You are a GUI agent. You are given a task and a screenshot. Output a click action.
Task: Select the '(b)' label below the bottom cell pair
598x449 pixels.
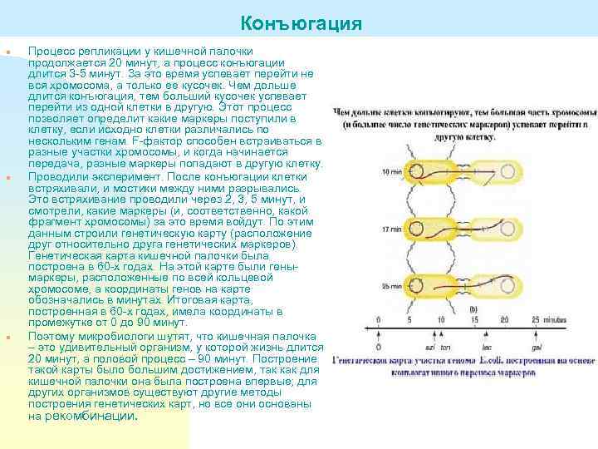[473, 308]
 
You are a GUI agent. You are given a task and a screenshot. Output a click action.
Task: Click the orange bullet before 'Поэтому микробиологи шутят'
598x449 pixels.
[7, 337]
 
